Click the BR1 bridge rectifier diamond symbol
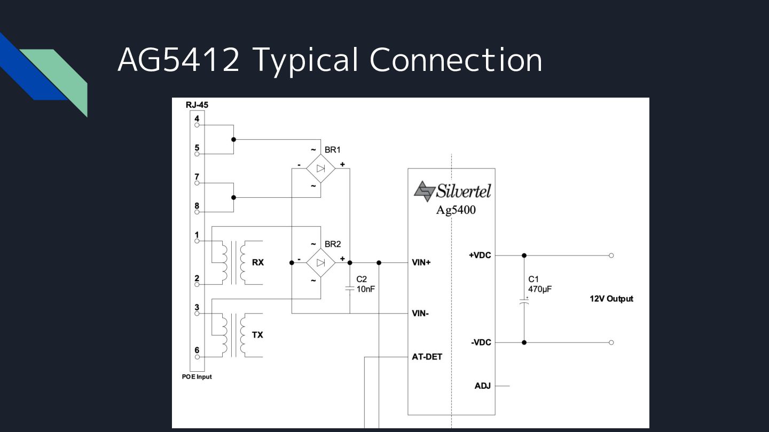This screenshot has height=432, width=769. [320, 169]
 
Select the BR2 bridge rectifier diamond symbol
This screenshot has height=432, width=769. [320, 263]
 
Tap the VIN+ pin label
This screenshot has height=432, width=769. [421, 262]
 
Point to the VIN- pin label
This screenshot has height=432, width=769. [420, 314]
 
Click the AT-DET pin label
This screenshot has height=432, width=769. [427, 357]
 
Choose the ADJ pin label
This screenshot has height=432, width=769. [483, 386]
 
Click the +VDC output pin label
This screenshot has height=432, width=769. [480, 255]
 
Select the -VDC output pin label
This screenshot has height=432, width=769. [481, 342]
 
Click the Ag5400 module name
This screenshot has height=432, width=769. [456, 210]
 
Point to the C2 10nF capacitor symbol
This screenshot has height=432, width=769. [349, 289]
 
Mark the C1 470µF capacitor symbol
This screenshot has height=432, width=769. [524, 302]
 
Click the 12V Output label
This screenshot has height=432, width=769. [611, 299]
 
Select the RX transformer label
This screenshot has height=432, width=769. [258, 262]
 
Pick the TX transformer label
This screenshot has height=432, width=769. [257, 335]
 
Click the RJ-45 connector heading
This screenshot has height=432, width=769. [197, 105]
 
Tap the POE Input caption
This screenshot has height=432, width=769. [197, 377]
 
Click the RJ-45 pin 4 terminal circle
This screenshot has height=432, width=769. [197, 125]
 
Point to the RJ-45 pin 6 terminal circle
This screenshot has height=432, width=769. [197, 357]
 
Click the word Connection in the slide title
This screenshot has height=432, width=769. [456, 60]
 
